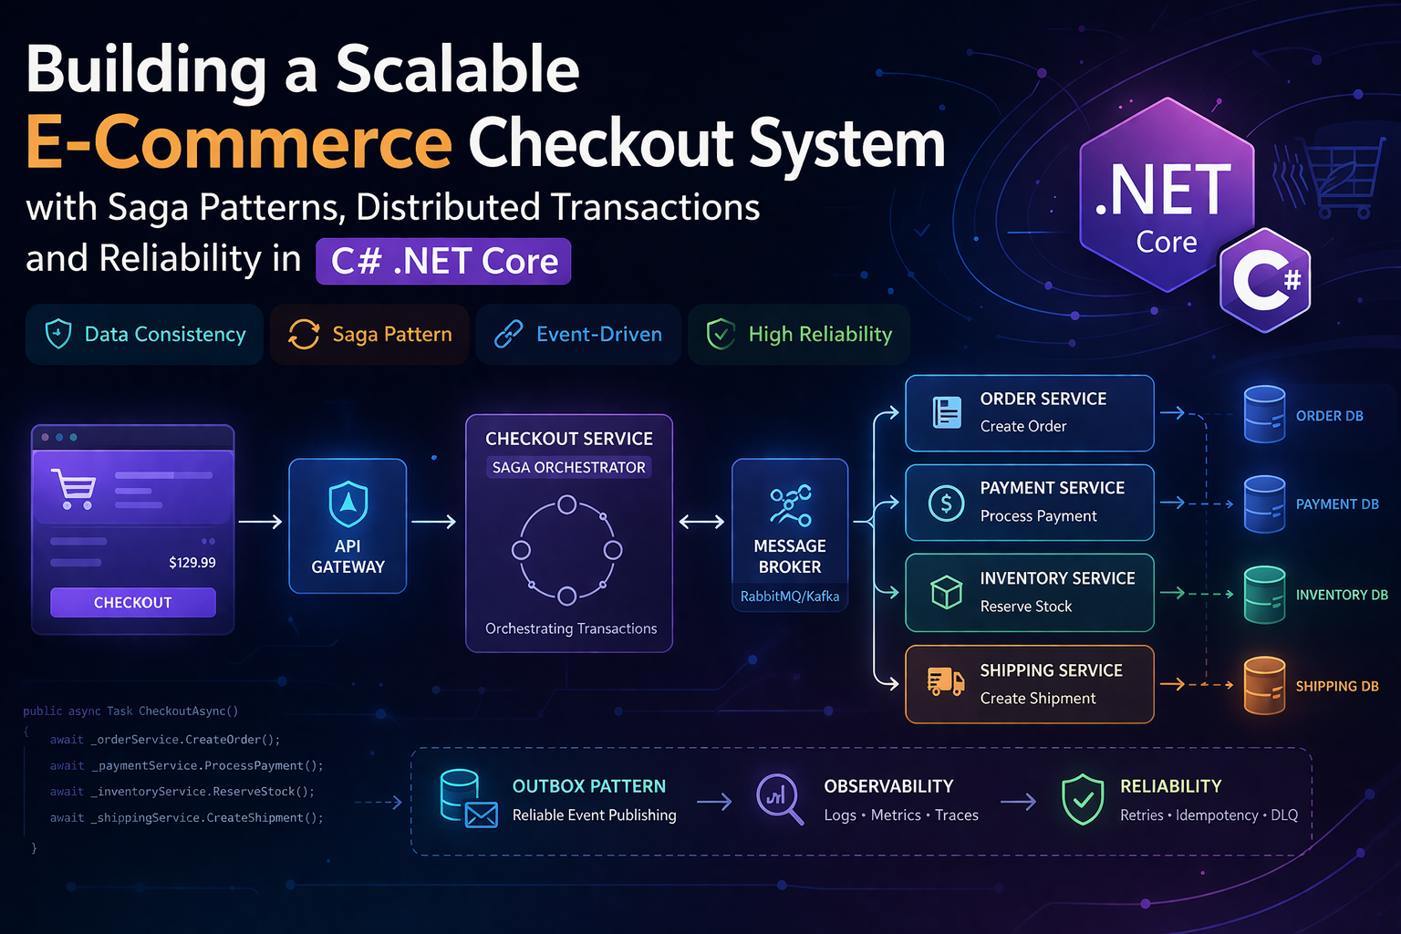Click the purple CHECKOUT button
click(133, 602)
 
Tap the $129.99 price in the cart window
click(192, 562)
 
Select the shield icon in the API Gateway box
click(348, 504)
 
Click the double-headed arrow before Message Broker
click(701, 522)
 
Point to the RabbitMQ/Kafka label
click(790, 597)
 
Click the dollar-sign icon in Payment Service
click(946, 503)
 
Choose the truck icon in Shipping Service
click(946, 681)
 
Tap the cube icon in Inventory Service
click(946, 592)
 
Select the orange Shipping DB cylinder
click(1264, 685)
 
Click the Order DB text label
click(1329, 416)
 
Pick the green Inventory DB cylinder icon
click(1264, 594)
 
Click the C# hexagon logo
click(1265, 280)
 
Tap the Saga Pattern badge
click(369, 335)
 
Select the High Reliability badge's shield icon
click(721, 335)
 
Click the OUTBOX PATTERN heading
click(589, 786)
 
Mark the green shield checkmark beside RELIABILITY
click(1083, 799)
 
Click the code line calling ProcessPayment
click(187, 766)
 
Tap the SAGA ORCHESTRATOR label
click(569, 467)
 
